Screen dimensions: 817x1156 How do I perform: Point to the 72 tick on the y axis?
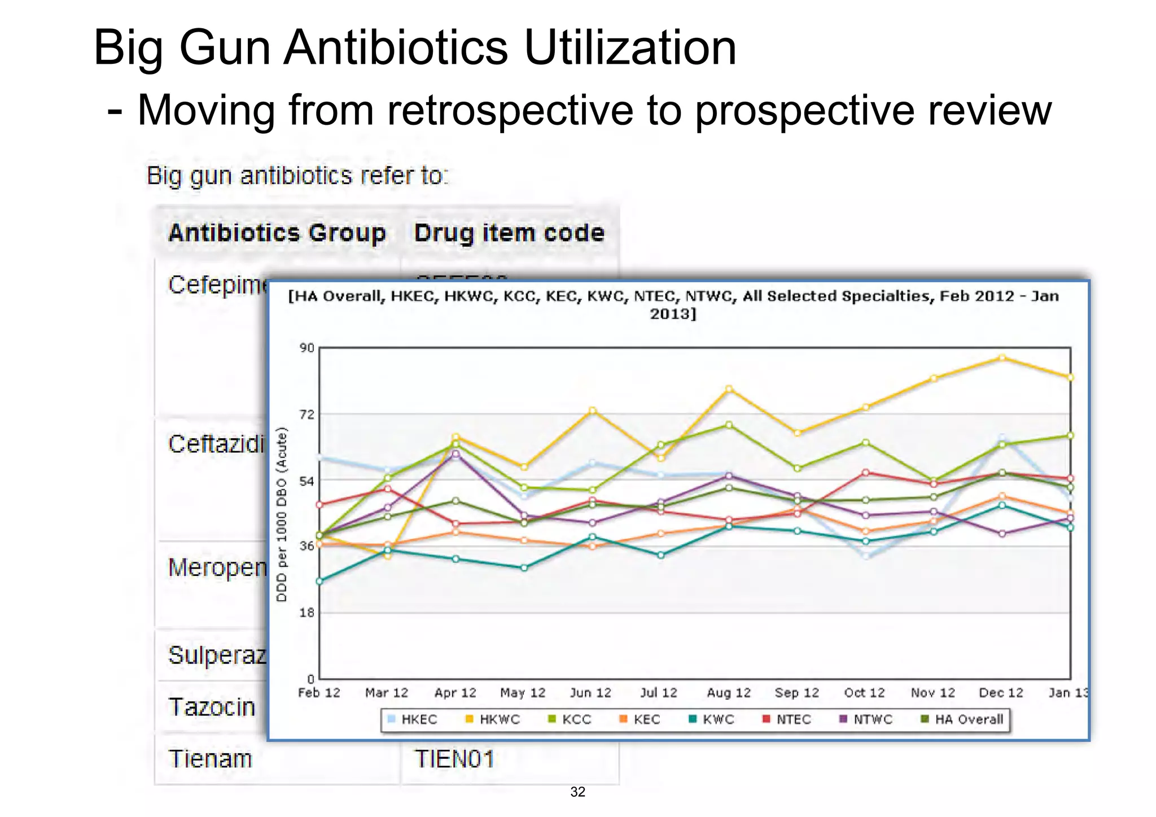pyautogui.click(x=306, y=415)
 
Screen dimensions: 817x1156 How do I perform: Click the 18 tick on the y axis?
pyautogui.click(x=306, y=613)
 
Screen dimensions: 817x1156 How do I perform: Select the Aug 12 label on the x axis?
pyautogui.click(x=729, y=693)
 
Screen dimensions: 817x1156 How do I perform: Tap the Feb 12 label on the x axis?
pyautogui.click(x=319, y=693)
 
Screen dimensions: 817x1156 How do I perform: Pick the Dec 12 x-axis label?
pyautogui.click(x=1001, y=693)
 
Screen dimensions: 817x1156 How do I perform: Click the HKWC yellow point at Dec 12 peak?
pyautogui.click(x=1002, y=357)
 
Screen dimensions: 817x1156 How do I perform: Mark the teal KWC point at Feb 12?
pyautogui.click(x=319, y=581)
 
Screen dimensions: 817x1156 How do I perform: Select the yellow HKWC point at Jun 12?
pyautogui.click(x=592, y=410)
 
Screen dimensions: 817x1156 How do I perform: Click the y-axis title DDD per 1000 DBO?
pyautogui.click(x=282, y=514)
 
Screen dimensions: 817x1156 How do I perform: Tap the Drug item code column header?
pyautogui.click(x=509, y=233)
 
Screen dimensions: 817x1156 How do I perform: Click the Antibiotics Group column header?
pyautogui.click(x=277, y=233)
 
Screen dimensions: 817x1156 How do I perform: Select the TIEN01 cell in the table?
pyautogui.click(x=454, y=759)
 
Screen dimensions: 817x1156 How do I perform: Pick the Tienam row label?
pyautogui.click(x=210, y=759)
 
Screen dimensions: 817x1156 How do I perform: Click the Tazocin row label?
pyautogui.click(x=212, y=707)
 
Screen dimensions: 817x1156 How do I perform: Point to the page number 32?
pyautogui.click(x=577, y=792)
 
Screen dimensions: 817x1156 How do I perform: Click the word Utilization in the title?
pyautogui.click(x=629, y=47)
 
